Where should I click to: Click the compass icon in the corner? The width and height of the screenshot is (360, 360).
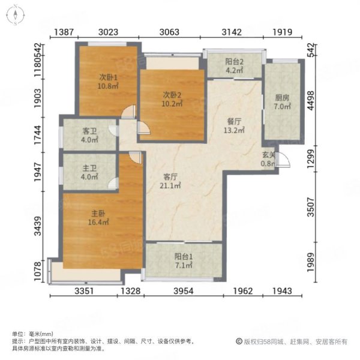tap(16, 14)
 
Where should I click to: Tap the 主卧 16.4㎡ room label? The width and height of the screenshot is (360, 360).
tap(100, 218)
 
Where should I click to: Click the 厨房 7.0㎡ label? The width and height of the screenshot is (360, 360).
tap(282, 102)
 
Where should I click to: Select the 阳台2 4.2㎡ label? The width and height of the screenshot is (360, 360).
tap(233, 65)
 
